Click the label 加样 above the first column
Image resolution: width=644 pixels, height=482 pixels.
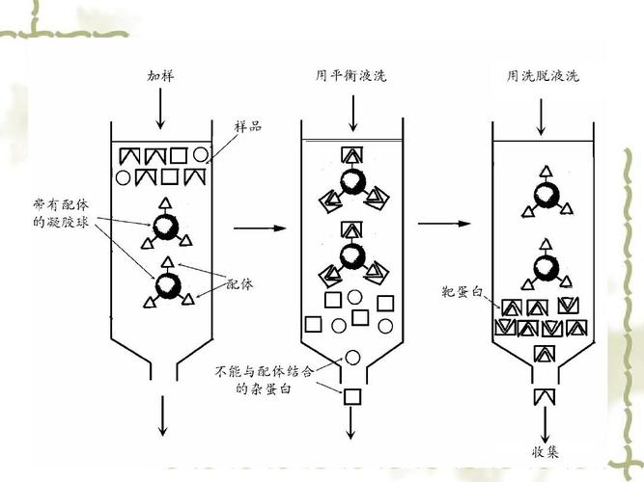click(160, 76)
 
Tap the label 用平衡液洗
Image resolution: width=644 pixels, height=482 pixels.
click(350, 76)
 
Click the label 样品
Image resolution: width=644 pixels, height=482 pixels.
click(248, 127)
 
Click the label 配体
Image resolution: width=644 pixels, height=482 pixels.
click(240, 284)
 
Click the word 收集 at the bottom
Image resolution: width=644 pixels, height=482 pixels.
click(545, 451)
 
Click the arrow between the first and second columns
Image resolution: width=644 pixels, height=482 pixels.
click(262, 228)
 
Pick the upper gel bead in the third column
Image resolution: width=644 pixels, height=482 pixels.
click(546, 195)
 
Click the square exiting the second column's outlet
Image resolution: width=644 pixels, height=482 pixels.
click(352, 395)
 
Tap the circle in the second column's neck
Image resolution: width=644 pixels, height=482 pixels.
click(352, 358)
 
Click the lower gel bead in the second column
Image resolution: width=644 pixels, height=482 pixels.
click(352, 258)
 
